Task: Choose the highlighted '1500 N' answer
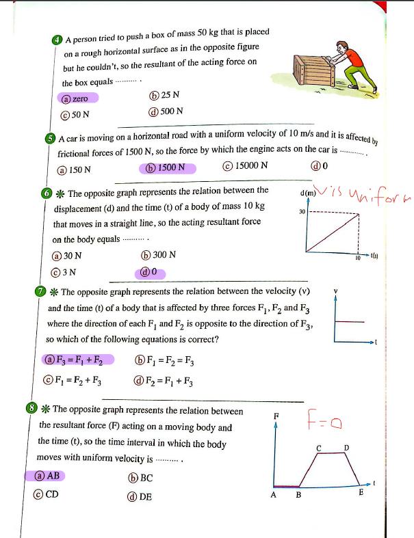pos(168,167)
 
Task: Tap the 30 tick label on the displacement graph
pos(302,212)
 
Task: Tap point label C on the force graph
pos(319,447)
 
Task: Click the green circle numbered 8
pos(31,409)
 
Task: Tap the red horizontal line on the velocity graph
pos(350,321)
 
